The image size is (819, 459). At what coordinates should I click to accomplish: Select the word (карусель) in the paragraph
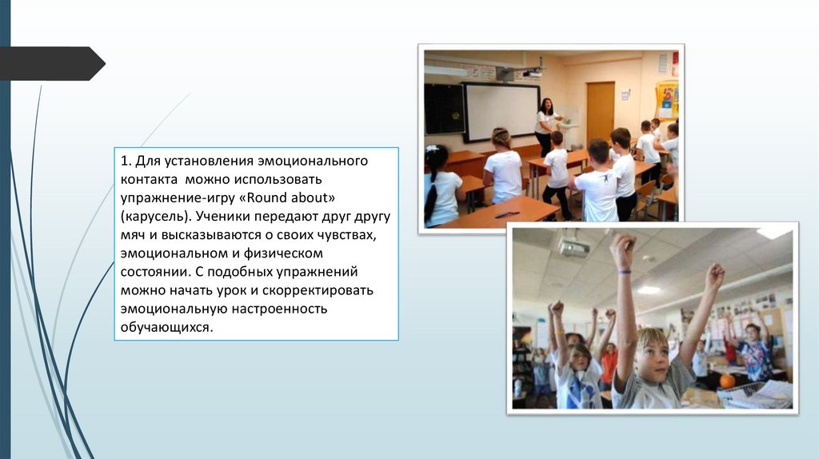pos(156,217)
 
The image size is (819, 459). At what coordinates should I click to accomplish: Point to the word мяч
pos(133,235)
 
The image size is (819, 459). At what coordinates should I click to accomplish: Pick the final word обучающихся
pos(167,328)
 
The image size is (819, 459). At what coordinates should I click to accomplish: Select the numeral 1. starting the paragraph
pos(126,160)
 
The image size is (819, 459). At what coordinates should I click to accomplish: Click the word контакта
pos(149,180)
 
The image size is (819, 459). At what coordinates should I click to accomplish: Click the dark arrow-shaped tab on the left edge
pos(52,63)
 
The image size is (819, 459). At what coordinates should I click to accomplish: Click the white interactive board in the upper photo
pos(501,112)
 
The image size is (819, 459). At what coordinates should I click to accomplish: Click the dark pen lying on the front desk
pos(506,214)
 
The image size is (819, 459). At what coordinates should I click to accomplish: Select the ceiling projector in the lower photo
pos(573,246)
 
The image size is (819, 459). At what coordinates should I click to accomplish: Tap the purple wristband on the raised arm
pos(624,271)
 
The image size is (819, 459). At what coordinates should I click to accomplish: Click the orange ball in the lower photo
pos(727,381)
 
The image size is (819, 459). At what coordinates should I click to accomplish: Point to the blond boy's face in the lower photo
pos(651,356)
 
